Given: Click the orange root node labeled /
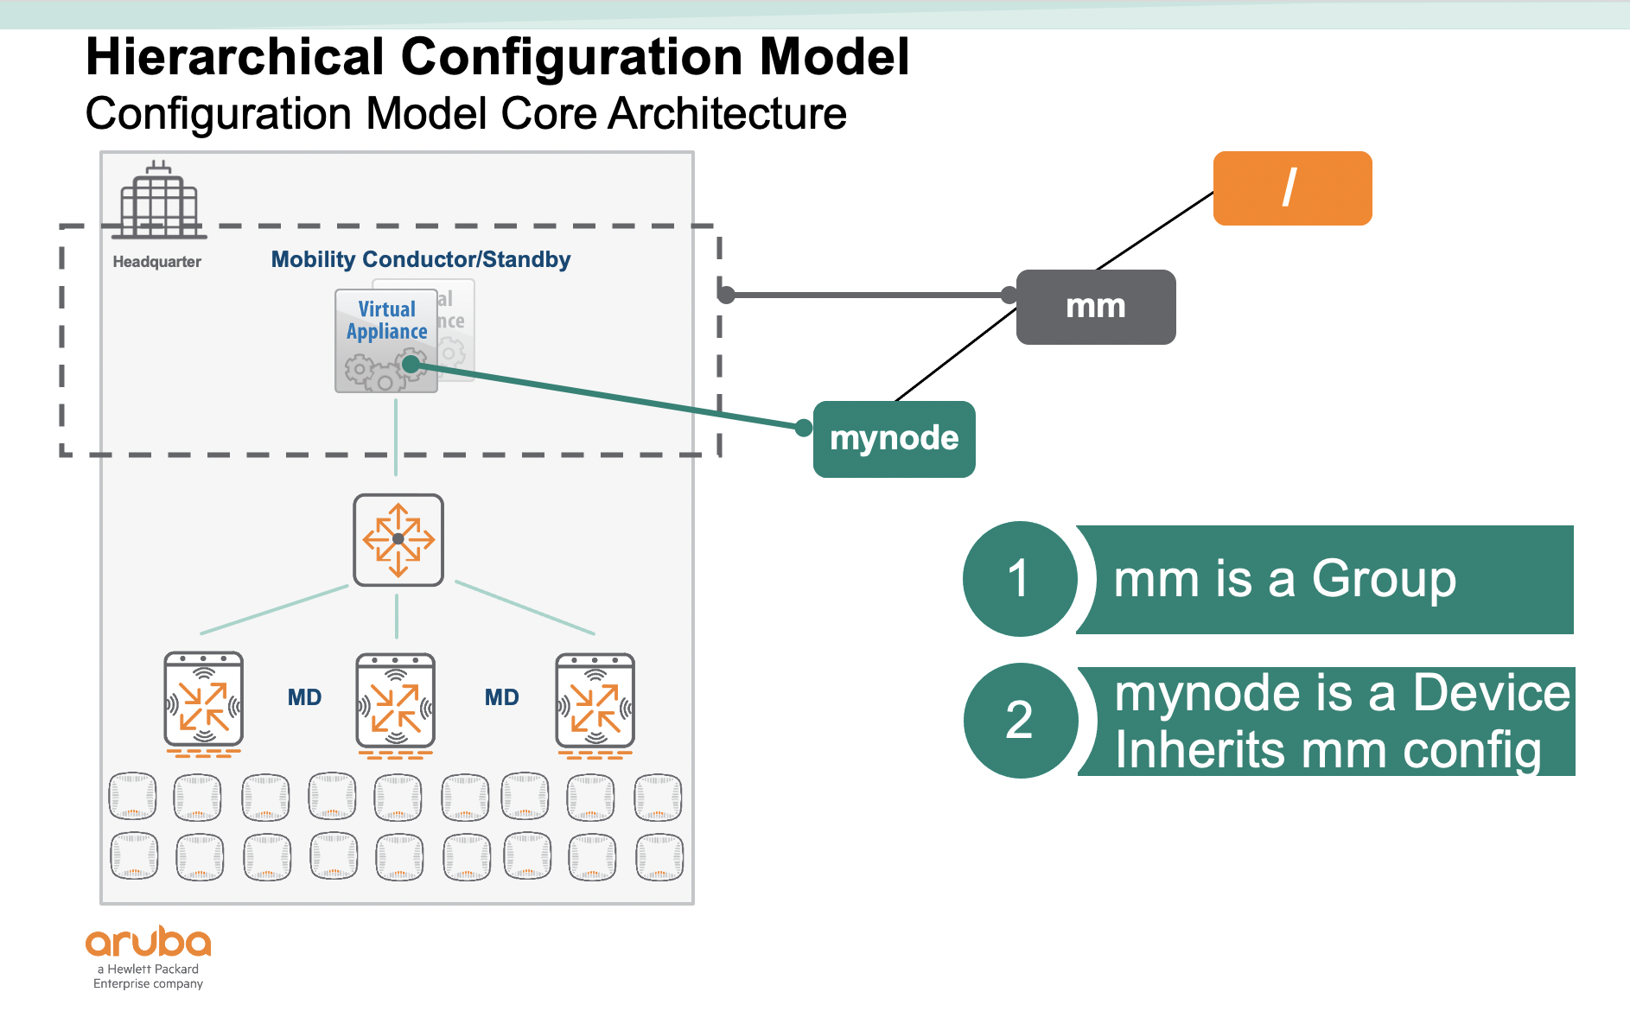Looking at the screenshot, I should pyautogui.click(x=1292, y=188).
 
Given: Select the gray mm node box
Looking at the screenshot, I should pyautogui.click(x=1096, y=307).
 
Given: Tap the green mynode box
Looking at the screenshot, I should pyautogui.click(x=895, y=439).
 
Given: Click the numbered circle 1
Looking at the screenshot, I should pyautogui.click(x=1020, y=579).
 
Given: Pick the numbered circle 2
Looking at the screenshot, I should pyautogui.click(x=1020, y=721).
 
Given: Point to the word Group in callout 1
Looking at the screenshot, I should pyautogui.click(x=1384, y=579).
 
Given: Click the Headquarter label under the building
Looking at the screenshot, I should pyautogui.click(x=156, y=262).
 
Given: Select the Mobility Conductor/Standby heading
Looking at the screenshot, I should pyautogui.click(x=421, y=260).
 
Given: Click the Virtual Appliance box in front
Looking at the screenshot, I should pyautogui.click(x=385, y=340).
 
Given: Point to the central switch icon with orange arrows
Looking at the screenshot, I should pyautogui.click(x=398, y=540).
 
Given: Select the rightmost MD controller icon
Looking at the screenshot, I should pyautogui.click(x=595, y=701).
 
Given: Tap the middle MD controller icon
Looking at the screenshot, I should pyautogui.click(x=396, y=701).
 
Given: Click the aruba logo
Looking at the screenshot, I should pyautogui.click(x=148, y=943).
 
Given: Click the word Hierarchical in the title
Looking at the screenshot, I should pyautogui.click(x=234, y=57).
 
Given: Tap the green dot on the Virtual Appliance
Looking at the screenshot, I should pyautogui.click(x=411, y=365).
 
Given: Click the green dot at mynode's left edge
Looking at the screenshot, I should pyautogui.click(x=804, y=428).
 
